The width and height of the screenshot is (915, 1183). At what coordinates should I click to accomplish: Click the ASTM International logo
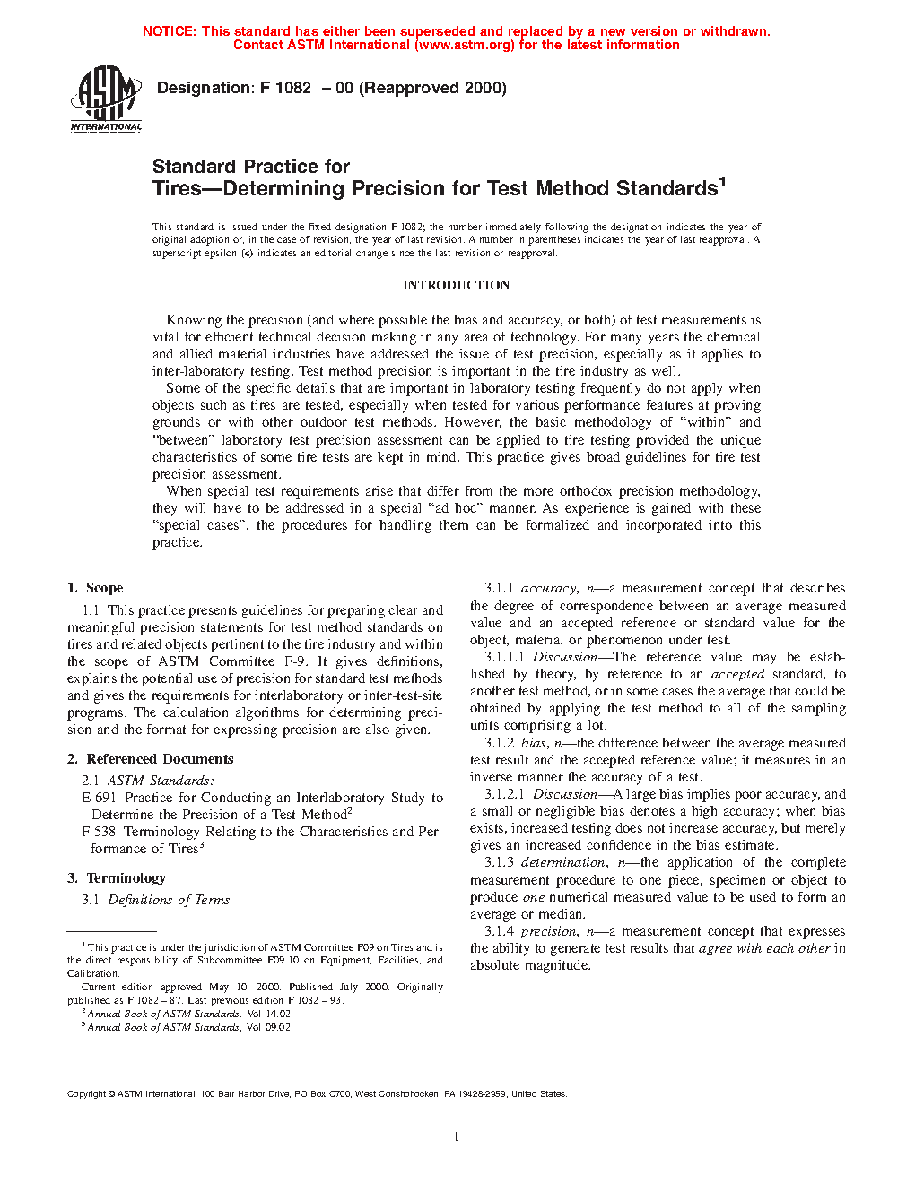point(106,99)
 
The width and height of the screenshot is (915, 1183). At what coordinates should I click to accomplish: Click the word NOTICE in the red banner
point(170,31)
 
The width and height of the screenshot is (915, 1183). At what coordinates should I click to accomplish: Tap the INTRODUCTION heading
point(456,285)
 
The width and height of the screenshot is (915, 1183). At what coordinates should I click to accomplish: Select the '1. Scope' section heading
point(95,588)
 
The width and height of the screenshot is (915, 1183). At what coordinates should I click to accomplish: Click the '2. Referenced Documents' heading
point(151,759)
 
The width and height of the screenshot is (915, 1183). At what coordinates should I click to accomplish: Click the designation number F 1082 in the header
point(285,88)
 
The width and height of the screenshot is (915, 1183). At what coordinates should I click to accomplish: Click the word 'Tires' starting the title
point(179,189)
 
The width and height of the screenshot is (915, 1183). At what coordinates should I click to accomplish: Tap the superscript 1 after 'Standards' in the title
point(722,182)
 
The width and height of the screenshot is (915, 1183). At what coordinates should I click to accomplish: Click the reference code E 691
point(100,798)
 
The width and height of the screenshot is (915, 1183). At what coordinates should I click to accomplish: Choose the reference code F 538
point(99,832)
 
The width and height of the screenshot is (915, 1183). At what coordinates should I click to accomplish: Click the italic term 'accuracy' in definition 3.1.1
point(548,589)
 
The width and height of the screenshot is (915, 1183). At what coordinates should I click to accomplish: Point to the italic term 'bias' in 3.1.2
point(533,743)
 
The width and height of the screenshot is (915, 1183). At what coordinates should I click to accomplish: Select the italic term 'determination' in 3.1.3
point(562,862)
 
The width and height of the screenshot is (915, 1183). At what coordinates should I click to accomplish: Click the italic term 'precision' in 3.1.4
point(548,931)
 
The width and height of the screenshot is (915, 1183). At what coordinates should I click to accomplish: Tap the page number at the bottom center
point(457,1137)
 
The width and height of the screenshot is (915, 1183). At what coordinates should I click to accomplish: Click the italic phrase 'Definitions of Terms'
point(169,900)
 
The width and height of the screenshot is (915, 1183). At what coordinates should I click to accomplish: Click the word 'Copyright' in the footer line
point(87,1094)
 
